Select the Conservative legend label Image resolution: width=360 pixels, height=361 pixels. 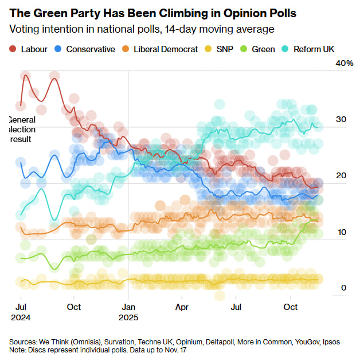[91, 49]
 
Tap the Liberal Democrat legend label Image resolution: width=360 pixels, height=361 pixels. [166, 49]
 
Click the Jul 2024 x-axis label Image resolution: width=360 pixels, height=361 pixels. [21, 312]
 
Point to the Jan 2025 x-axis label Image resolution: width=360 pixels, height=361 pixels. [128, 312]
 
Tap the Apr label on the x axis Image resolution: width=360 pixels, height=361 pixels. [182, 307]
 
